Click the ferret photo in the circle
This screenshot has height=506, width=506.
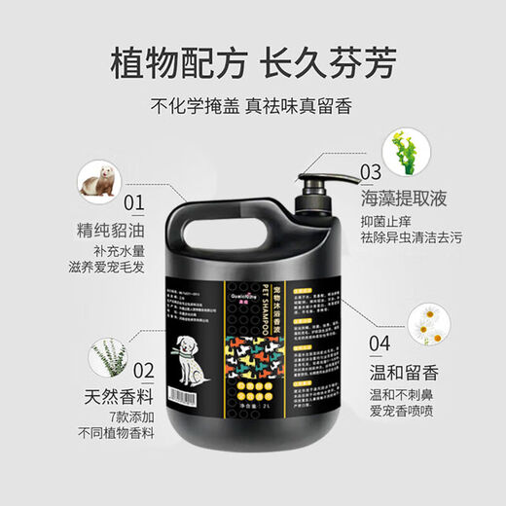(97, 180)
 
